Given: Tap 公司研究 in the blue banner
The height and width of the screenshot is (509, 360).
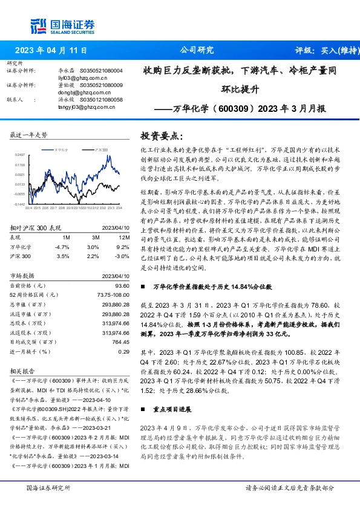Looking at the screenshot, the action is [197, 51].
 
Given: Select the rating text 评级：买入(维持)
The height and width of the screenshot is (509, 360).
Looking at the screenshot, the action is [322, 51].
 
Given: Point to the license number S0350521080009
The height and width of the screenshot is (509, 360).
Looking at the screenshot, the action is [102, 85].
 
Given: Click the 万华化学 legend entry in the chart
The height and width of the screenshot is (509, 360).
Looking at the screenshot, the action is [61, 148].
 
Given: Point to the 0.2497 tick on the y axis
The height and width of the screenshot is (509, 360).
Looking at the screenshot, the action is [19, 155].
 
